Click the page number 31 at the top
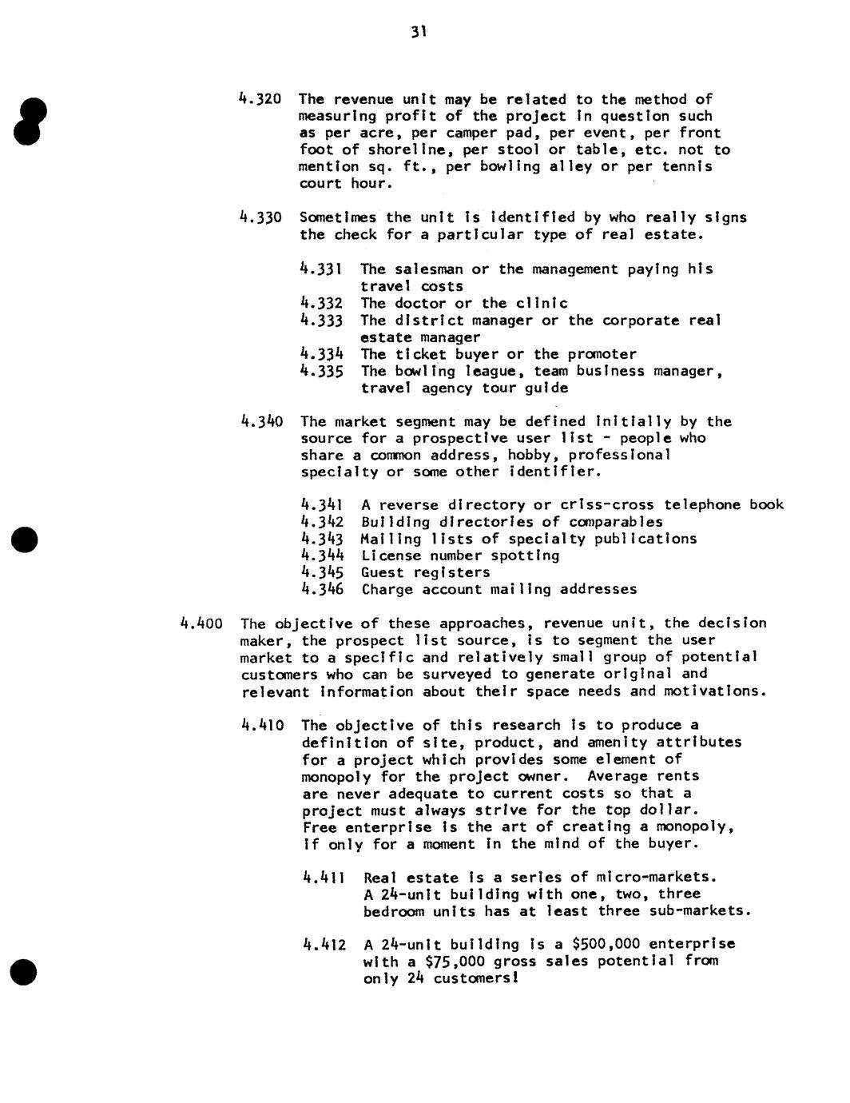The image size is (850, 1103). (x=419, y=32)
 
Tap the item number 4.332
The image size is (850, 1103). (x=321, y=303)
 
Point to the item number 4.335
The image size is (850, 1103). (x=321, y=371)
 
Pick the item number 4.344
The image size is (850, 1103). (x=322, y=555)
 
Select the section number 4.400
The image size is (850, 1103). (x=200, y=623)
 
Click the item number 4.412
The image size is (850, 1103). (x=325, y=944)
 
